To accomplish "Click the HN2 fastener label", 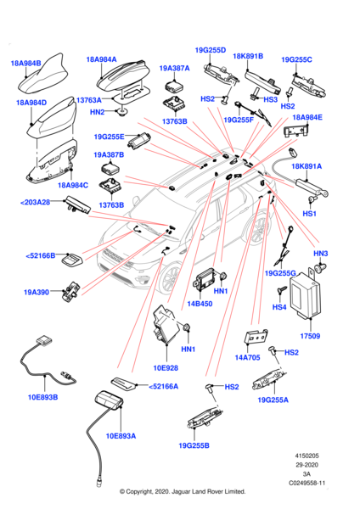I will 98,112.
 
